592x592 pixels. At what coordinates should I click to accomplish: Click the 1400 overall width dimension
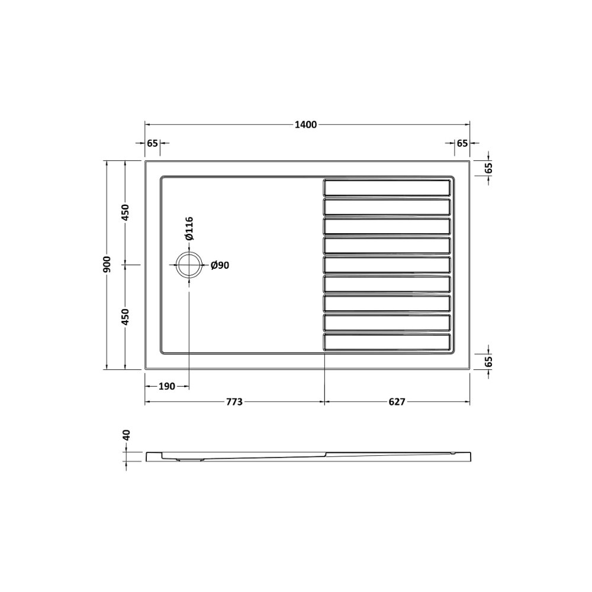[306, 124]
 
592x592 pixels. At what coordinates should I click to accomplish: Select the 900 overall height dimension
[107, 265]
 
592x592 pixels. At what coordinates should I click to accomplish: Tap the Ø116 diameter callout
[189, 229]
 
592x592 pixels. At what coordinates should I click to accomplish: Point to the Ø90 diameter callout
[220, 266]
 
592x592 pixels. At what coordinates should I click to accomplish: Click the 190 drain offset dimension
[166, 387]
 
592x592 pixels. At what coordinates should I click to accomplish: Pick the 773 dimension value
[234, 402]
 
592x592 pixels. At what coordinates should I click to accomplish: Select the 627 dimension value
[397, 402]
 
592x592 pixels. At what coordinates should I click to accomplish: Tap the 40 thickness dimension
[126, 436]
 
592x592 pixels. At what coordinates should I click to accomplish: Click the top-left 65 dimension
[152, 143]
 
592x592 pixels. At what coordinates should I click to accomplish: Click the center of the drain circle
[189, 265]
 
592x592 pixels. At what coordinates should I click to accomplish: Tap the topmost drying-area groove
[387, 188]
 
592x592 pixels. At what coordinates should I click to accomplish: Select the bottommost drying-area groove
[387, 342]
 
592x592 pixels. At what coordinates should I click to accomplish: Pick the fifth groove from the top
[387, 265]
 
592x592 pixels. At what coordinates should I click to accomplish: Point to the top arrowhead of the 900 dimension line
[107, 163]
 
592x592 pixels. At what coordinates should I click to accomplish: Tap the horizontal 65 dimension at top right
[462, 143]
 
